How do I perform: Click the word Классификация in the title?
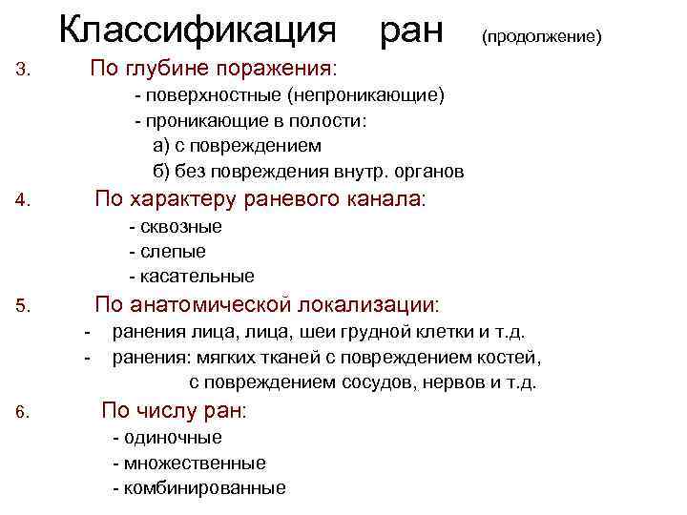pyautogui.click(x=198, y=31)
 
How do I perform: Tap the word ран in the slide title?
pyautogui.click(x=412, y=32)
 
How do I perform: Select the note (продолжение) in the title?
pyautogui.click(x=541, y=37)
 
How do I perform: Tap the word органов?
pyautogui.click(x=428, y=172)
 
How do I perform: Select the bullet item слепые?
pyautogui.click(x=173, y=252)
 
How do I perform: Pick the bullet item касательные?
pyautogui.click(x=197, y=277)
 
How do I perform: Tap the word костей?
pyautogui.click(x=514, y=359)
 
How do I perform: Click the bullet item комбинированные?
pyautogui.click(x=204, y=488)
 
